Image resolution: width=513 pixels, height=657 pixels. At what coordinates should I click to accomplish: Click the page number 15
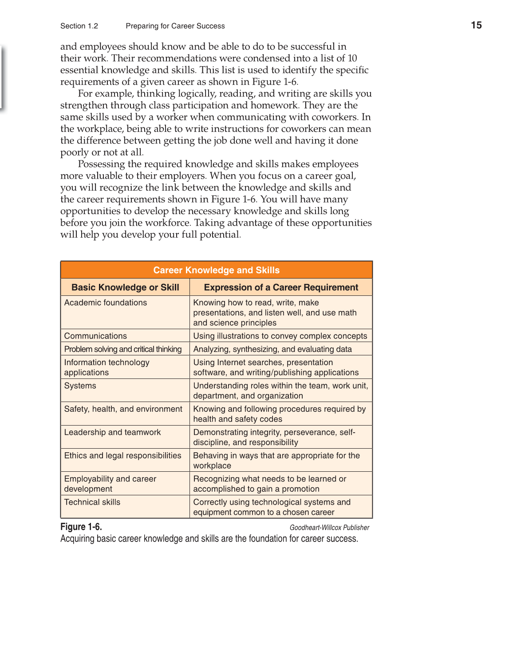(x=476, y=25)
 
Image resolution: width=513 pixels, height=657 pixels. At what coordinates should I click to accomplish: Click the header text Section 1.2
(x=79, y=26)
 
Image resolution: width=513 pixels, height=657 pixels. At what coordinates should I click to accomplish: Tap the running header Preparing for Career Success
(x=175, y=26)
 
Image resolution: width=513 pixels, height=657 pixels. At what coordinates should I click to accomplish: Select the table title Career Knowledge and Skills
(x=216, y=270)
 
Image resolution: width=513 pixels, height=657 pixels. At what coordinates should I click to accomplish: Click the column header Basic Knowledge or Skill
(x=125, y=287)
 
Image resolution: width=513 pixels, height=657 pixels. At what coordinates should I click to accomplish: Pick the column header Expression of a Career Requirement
(x=281, y=287)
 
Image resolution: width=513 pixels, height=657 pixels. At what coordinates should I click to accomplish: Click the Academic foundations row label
(x=106, y=303)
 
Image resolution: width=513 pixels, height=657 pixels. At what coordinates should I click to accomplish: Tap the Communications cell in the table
(x=95, y=336)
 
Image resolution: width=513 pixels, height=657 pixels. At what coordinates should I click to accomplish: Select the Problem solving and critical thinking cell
(x=123, y=349)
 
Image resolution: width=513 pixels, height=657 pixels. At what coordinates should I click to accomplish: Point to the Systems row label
(x=80, y=386)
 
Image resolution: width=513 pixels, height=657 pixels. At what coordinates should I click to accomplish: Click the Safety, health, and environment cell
(x=123, y=409)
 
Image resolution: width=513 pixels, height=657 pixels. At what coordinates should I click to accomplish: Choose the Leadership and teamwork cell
(x=112, y=432)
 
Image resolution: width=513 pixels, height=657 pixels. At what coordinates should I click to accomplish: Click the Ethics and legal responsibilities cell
(x=122, y=456)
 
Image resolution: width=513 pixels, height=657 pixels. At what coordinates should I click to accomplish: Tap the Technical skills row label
(x=92, y=502)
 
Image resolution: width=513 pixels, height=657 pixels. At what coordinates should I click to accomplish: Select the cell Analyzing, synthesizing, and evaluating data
(x=272, y=349)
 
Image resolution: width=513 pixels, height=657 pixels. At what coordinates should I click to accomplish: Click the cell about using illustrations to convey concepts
(x=280, y=336)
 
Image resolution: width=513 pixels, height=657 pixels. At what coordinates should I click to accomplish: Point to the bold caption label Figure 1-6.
(x=81, y=527)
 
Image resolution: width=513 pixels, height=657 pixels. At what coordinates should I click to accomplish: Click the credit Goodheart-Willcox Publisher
(x=329, y=528)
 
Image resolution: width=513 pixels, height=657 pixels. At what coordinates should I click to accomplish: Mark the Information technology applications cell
(x=107, y=367)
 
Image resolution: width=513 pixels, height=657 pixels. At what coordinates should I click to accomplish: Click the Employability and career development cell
(x=110, y=484)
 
